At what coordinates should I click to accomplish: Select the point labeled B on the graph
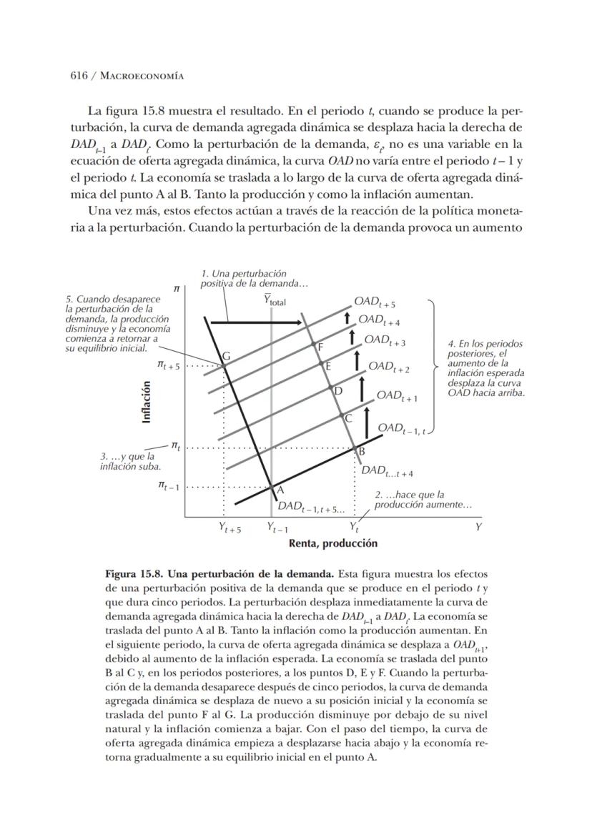point(355,448)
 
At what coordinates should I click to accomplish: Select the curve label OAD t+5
point(375,302)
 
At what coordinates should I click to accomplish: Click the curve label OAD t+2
point(389,368)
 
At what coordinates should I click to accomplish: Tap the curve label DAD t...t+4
point(387,470)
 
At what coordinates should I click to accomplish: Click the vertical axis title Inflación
point(147,402)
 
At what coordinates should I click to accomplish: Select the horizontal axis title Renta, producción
point(332,543)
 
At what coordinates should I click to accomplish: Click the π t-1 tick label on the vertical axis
point(169,486)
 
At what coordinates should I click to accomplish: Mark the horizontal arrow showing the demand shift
point(255,323)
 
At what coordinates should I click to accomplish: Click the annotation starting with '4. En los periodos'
point(484,368)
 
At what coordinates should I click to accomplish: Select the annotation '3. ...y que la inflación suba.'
point(130,461)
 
